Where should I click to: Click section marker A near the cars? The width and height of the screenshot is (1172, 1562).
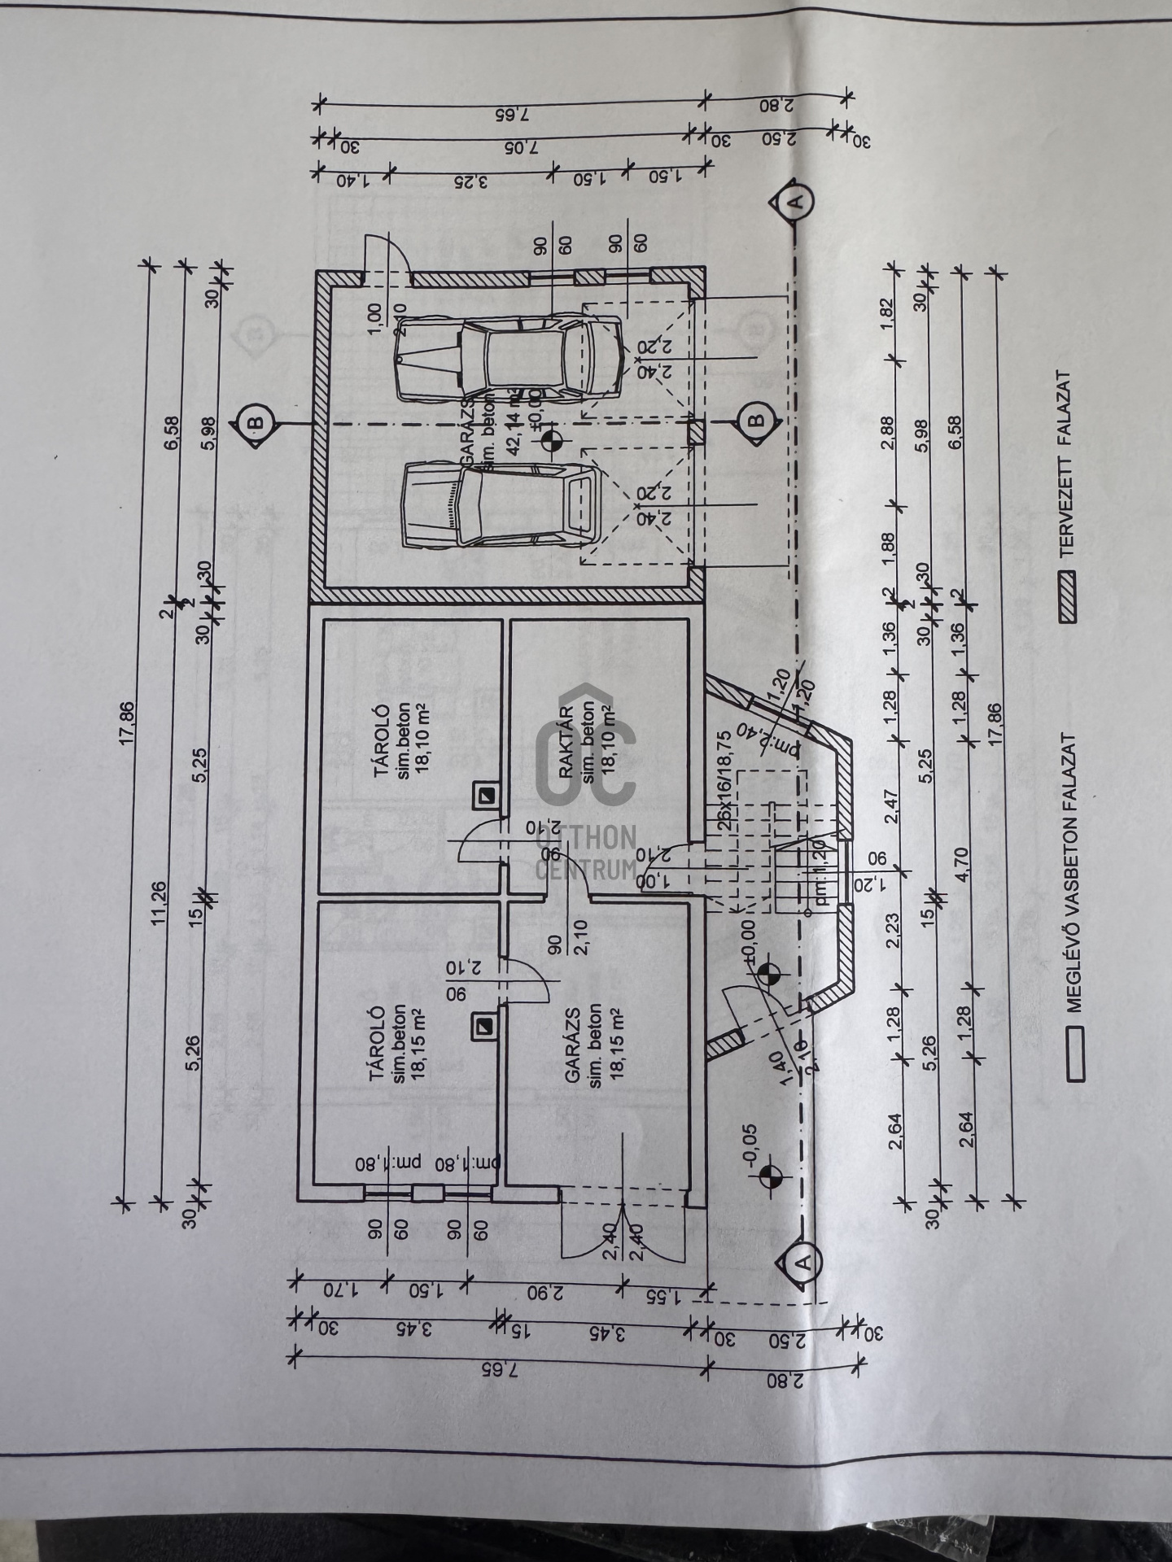794,200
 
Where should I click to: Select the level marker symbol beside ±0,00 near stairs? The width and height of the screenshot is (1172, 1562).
767,975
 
